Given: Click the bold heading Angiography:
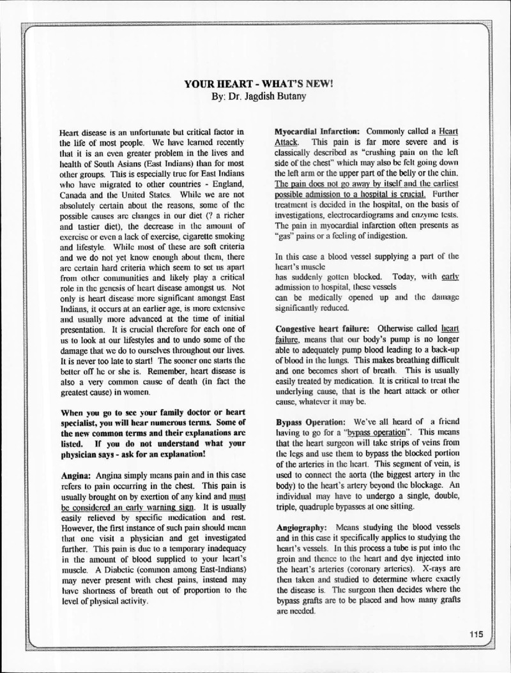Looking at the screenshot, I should pos(302,529).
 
